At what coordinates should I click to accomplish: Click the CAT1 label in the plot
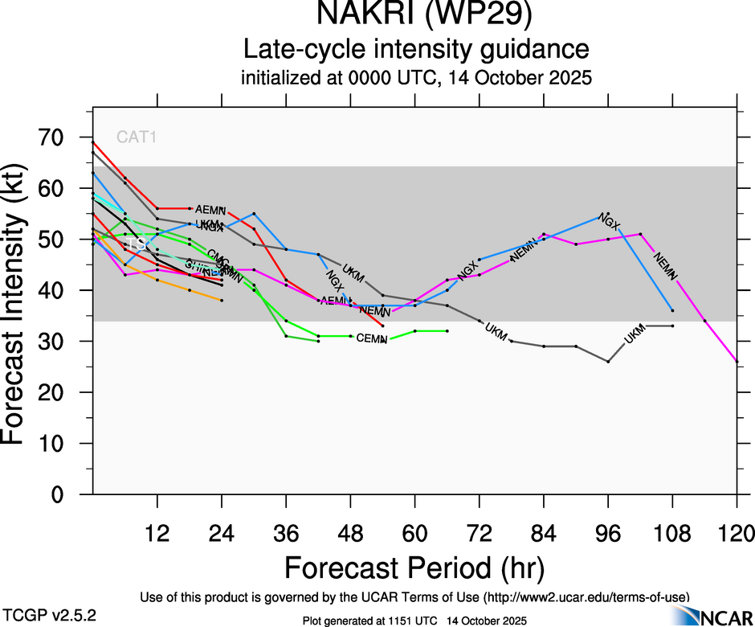click(x=137, y=137)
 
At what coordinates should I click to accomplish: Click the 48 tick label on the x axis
click(x=350, y=533)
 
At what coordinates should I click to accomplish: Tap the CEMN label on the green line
click(x=372, y=338)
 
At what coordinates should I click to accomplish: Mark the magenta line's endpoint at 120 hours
click(x=737, y=362)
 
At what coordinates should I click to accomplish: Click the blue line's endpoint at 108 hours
click(x=672, y=310)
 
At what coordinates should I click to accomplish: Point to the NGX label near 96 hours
click(x=610, y=222)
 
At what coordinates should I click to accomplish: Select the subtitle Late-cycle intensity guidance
click(x=416, y=50)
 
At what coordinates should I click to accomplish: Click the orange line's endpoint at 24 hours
click(x=222, y=301)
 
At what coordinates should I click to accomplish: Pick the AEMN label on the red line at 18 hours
click(x=211, y=209)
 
